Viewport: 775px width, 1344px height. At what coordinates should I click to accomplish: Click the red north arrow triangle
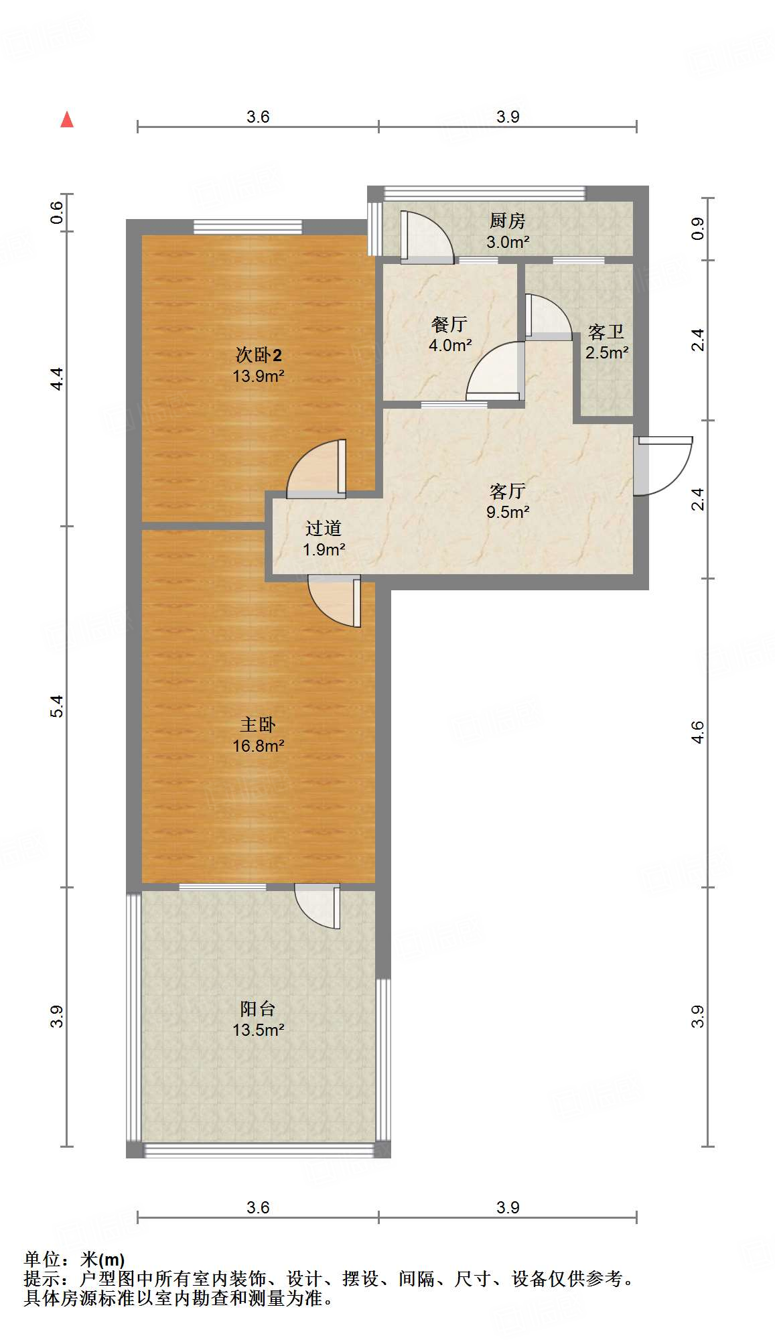pyautogui.click(x=67, y=120)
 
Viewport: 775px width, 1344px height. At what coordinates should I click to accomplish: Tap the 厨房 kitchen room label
pyautogui.click(x=507, y=220)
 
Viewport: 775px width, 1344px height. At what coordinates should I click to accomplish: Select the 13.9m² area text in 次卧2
pyautogui.click(x=259, y=376)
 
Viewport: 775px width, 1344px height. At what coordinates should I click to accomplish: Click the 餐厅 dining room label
pyautogui.click(x=449, y=324)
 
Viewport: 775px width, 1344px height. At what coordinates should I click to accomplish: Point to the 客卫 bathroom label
pyautogui.click(x=606, y=332)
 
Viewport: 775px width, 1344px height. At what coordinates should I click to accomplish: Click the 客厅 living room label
pyautogui.click(x=507, y=491)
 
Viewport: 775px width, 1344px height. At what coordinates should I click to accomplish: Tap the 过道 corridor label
pyautogui.click(x=324, y=528)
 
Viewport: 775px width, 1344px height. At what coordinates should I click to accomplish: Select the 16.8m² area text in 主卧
pyautogui.click(x=259, y=746)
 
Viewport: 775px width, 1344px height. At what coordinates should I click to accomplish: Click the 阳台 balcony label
pyautogui.click(x=258, y=1008)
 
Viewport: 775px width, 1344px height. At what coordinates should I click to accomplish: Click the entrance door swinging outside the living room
pyautogui.click(x=663, y=466)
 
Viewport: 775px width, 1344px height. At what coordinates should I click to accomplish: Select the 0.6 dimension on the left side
pyautogui.click(x=57, y=212)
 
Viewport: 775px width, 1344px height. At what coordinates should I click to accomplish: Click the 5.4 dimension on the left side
pyautogui.click(x=57, y=706)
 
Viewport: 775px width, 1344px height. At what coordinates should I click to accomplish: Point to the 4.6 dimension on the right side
pyautogui.click(x=698, y=732)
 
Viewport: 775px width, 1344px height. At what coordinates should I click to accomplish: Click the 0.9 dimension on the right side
pyautogui.click(x=698, y=229)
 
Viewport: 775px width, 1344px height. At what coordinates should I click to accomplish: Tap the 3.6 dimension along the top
pyautogui.click(x=258, y=117)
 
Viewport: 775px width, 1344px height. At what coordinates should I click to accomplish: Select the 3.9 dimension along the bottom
pyautogui.click(x=508, y=1207)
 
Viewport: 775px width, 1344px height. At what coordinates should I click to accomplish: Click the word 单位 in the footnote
pyautogui.click(x=42, y=1260)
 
